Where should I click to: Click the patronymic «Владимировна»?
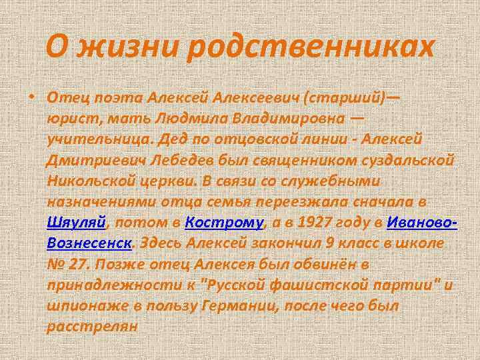pos(283,119)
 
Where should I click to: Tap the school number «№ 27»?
pos(67,264)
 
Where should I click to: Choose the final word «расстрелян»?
pos(92,326)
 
